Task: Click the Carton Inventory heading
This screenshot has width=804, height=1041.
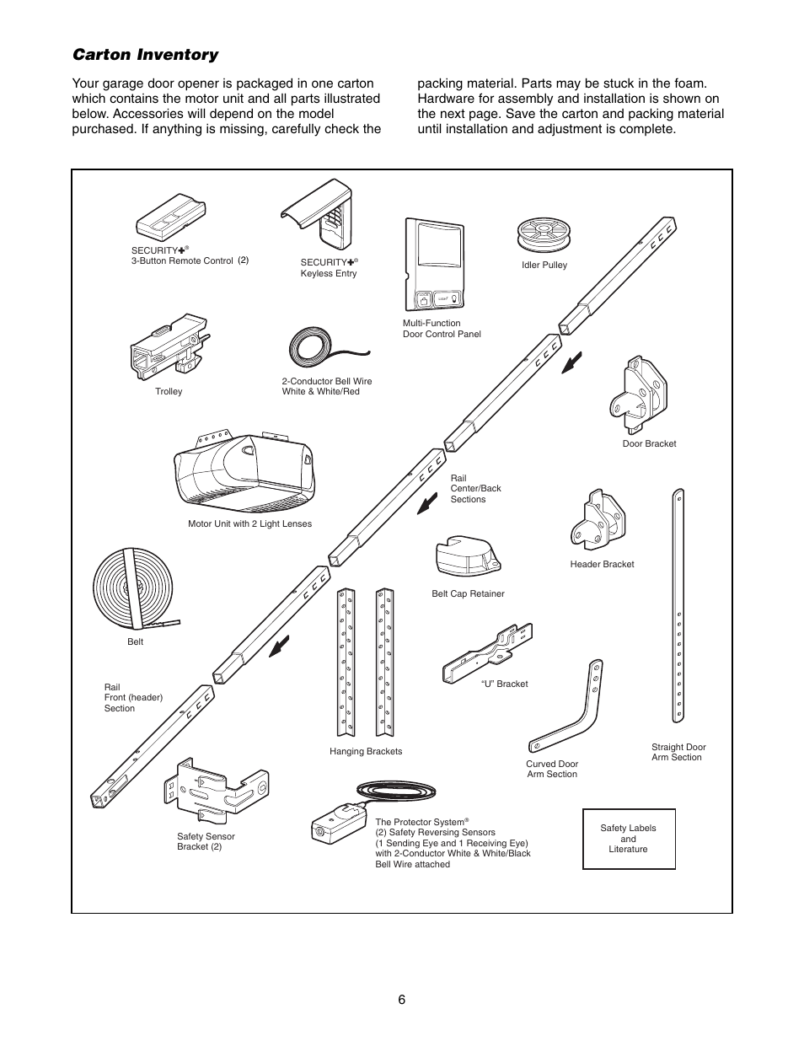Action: [145, 55]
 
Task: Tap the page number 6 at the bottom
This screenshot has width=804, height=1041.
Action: [402, 999]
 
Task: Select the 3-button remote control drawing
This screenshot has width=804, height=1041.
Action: [170, 215]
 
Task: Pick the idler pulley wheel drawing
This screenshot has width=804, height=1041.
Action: [544, 233]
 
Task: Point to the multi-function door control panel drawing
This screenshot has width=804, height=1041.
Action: [435, 264]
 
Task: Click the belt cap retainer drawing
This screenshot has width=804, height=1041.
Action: [467, 555]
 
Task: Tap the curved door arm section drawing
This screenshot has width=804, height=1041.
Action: [571, 708]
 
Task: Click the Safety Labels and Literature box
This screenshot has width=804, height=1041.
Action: [629, 839]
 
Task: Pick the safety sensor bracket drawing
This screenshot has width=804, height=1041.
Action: [217, 788]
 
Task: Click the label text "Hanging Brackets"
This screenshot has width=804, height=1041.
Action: [366, 751]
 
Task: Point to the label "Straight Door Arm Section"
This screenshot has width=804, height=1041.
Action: [678, 752]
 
